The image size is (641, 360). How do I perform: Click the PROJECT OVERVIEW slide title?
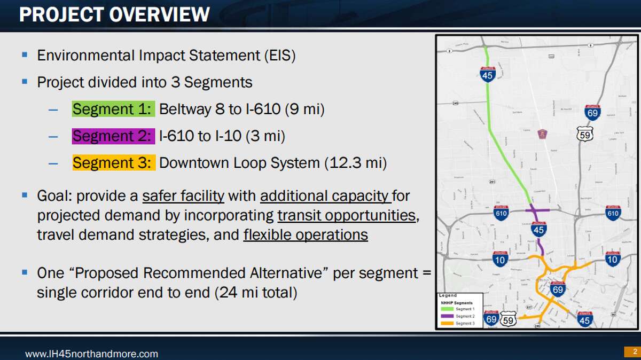coord(114,14)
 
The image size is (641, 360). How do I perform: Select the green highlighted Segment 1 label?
coord(114,109)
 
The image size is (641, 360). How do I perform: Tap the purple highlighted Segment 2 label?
coord(113,136)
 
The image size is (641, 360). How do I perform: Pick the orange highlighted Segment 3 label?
coord(114,162)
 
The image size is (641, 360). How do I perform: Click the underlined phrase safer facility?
coord(183,196)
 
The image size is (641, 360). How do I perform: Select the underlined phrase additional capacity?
coord(325,196)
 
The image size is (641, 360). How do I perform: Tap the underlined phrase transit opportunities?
coord(347,215)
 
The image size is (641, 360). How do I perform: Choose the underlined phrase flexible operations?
coord(306,234)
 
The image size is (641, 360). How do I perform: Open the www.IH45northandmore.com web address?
coord(92,354)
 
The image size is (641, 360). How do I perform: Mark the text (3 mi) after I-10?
coord(265,136)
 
